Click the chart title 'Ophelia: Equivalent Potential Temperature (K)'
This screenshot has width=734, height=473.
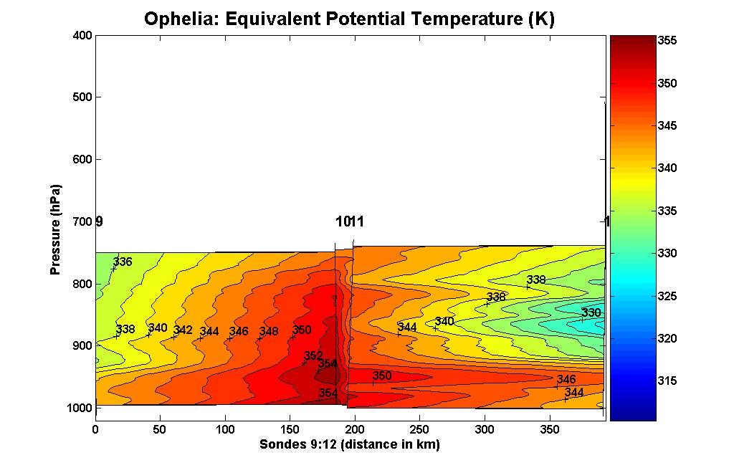click(x=349, y=19)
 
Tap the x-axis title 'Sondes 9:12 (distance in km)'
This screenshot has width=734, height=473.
click(x=349, y=445)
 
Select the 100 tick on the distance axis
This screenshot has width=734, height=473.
click(x=225, y=429)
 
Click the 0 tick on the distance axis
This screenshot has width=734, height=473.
click(x=95, y=429)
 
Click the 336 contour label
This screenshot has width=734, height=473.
click(x=123, y=262)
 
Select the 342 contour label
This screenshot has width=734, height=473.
click(x=183, y=330)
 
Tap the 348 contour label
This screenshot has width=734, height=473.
click(x=269, y=332)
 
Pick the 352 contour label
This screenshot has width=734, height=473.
click(x=313, y=356)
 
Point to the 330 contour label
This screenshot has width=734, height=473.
click(x=591, y=313)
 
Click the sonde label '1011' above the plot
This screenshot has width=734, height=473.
click(x=350, y=221)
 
